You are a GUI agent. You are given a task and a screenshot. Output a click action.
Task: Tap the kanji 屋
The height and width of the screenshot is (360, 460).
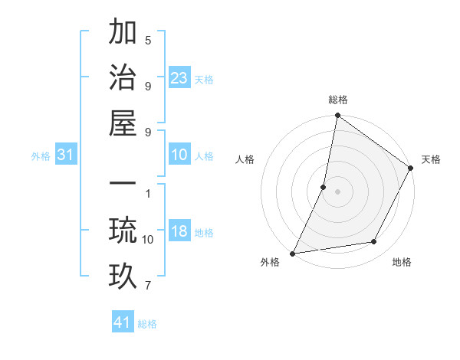tap(123, 124)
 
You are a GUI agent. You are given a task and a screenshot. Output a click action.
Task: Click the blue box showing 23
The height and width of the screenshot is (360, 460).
tap(179, 77)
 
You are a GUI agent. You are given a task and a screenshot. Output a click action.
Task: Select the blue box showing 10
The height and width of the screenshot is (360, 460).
tap(179, 155)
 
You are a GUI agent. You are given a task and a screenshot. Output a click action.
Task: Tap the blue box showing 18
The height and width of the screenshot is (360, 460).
tap(179, 232)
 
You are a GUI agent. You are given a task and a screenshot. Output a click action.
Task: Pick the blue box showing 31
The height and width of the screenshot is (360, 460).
tap(66, 155)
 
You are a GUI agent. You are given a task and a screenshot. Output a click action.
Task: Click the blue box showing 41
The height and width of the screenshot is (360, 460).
tap(123, 322)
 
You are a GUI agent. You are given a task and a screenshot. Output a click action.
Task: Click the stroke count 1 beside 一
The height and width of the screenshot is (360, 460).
tap(148, 192)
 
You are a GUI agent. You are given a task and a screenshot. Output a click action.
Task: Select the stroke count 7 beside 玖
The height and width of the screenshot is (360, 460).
tap(148, 286)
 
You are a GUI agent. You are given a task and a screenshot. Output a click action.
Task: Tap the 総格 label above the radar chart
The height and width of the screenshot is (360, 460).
tap(338, 100)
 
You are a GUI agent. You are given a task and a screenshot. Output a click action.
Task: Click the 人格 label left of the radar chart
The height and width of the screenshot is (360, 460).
tap(245, 159)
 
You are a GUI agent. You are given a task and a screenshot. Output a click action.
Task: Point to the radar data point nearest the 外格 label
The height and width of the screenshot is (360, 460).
tap(292, 253)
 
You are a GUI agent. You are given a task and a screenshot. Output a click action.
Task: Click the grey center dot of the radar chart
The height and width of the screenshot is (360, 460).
tap(337, 191)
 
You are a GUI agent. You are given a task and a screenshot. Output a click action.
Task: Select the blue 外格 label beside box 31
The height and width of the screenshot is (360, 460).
tap(41, 156)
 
